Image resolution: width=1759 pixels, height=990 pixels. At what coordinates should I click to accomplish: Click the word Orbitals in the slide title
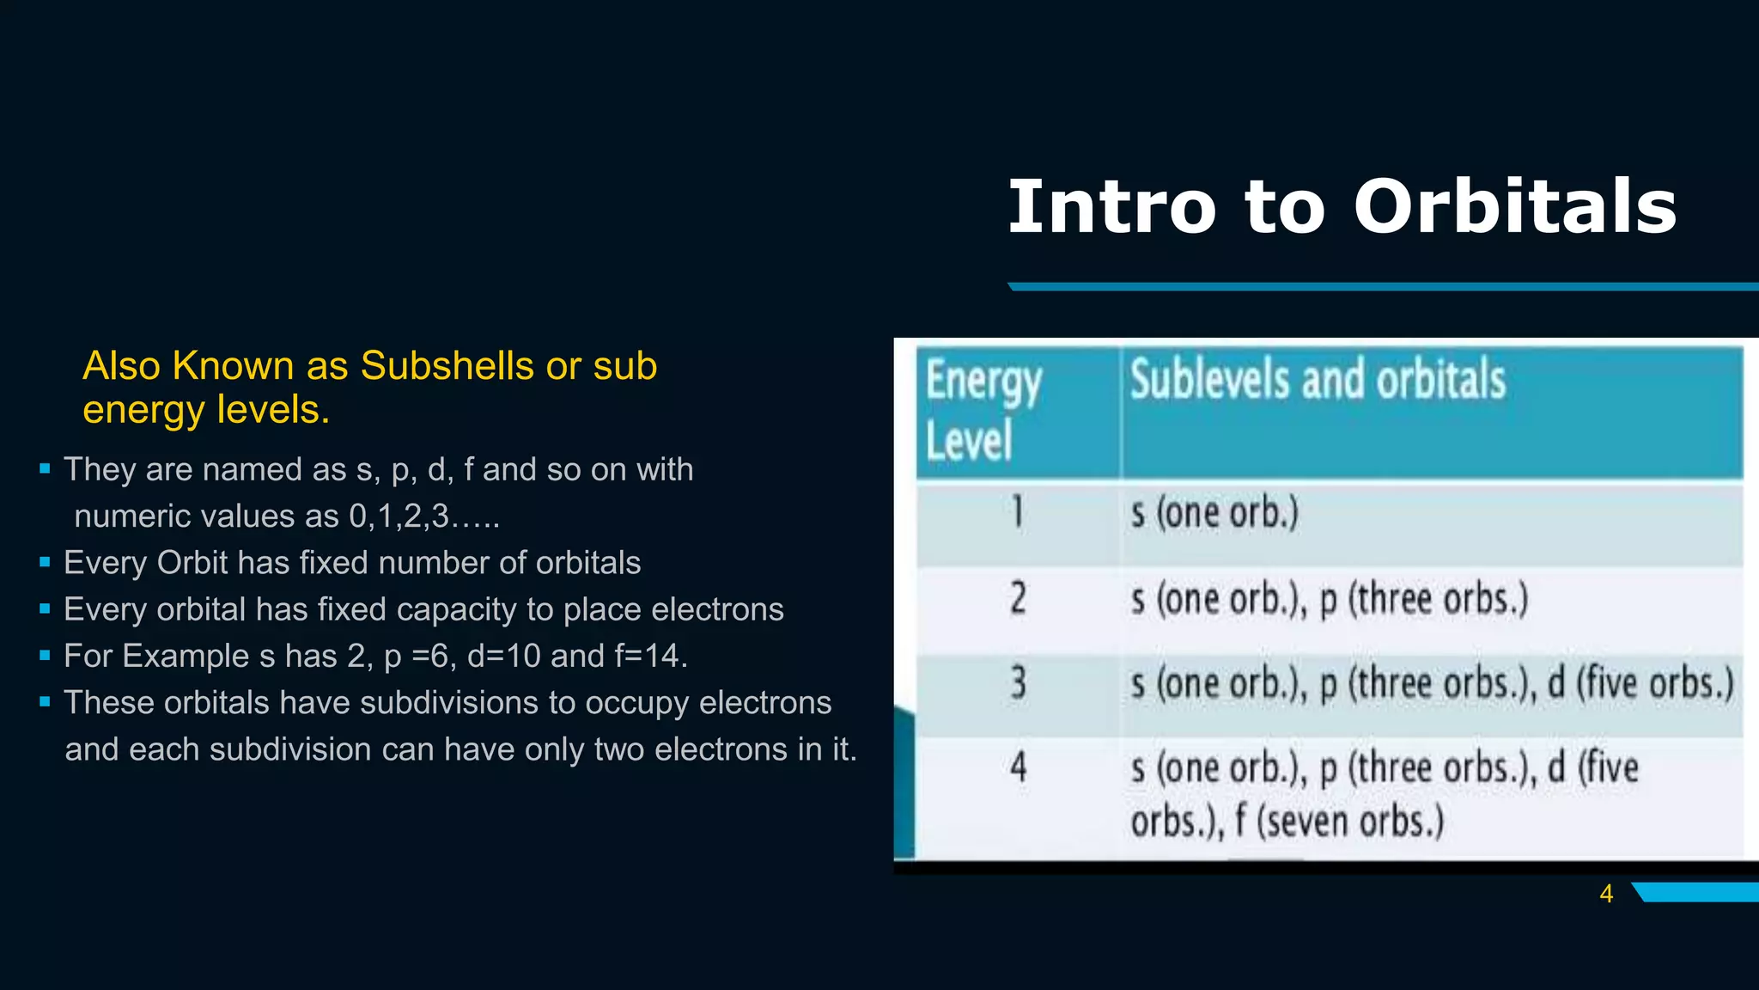(1515, 207)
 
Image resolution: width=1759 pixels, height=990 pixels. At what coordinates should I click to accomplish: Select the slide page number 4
(1606, 894)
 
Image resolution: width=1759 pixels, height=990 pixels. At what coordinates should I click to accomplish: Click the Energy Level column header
(983, 411)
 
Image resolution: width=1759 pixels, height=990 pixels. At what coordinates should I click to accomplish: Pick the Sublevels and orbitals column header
(1318, 380)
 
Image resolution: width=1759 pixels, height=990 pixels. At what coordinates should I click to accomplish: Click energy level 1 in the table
(1018, 513)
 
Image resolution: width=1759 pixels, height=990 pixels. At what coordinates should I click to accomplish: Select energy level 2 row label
(1018, 598)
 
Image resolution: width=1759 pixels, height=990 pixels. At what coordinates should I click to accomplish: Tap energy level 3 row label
(1018, 684)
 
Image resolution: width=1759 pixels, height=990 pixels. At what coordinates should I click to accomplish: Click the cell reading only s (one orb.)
(1214, 513)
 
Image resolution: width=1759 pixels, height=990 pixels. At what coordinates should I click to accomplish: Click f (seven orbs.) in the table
(1340, 822)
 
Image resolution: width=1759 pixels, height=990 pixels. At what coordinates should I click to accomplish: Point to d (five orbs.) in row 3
(1640, 684)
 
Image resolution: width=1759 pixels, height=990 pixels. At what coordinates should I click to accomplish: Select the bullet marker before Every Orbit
(45, 563)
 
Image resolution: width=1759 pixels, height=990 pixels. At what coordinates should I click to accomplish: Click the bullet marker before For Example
(45, 657)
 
